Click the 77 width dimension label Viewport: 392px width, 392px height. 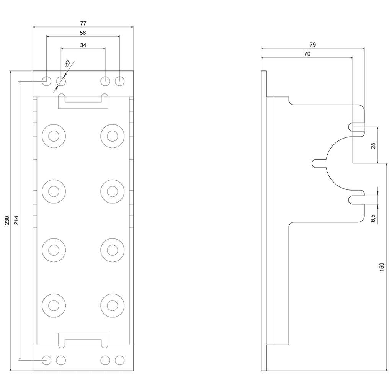click(83, 23)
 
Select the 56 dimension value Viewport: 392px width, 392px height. click(83, 33)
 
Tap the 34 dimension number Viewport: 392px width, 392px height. click(83, 45)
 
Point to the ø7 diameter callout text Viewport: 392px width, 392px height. click(67, 64)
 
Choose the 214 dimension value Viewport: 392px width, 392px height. click(16, 221)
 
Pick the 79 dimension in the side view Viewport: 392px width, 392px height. click(313, 45)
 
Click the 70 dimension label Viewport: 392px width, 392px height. click(307, 54)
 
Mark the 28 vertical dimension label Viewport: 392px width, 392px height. click(373, 145)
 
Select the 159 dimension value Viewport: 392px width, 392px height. click(381, 267)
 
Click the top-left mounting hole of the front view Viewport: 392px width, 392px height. click(46, 81)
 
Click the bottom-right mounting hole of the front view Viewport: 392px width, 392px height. click(120, 360)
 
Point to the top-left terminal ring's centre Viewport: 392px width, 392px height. click(54, 136)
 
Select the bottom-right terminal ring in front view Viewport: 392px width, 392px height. click(112, 305)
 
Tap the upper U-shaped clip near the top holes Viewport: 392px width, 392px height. click(83, 101)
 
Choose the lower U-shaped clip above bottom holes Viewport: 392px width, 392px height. click(83, 340)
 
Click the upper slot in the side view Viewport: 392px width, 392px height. click(356, 127)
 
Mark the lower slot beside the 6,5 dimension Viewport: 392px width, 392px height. click(356, 199)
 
